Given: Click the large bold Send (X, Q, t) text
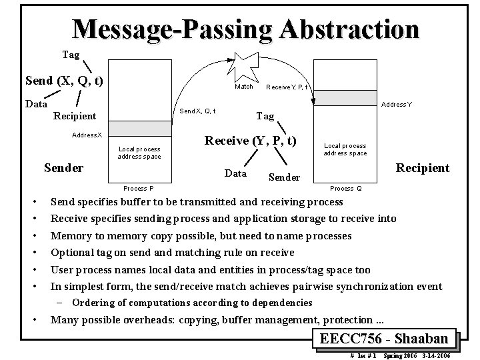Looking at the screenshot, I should coord(63,81).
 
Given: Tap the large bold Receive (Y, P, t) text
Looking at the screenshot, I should coord(250,141).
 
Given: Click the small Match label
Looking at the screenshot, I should coord(244,87).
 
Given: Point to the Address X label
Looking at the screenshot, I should coord(87,135).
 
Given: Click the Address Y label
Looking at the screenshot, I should coord(396,105).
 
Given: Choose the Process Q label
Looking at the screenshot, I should coord(346,189).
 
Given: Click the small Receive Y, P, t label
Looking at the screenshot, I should coord(285,87).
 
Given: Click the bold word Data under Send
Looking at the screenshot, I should coord(36,103).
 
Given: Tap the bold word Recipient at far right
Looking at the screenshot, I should coord(423,167).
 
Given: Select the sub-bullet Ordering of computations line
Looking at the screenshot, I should coord(191,303).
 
